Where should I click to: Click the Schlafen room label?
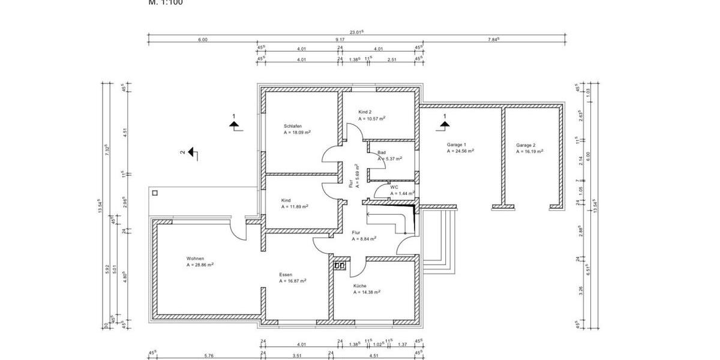(293, 126)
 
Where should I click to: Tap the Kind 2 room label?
(365, 112)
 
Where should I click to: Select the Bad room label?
(382, 153)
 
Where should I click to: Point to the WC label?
(394, 187)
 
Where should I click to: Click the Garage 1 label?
(457, 145)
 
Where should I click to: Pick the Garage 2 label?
(526, 145)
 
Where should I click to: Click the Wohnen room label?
(195, 259)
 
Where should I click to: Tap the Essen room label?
(286, 275)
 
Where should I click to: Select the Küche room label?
(360, 286)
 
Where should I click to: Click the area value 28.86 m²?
(200, 265)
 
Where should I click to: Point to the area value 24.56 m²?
(461, 152)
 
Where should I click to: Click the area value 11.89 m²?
(295, 206)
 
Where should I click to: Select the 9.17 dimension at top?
(340, 40)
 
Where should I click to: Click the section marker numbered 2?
(191, 152)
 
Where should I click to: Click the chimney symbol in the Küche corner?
(340, 265)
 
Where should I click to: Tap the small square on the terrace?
(155, 193)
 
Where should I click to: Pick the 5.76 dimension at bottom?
(209, 356)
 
